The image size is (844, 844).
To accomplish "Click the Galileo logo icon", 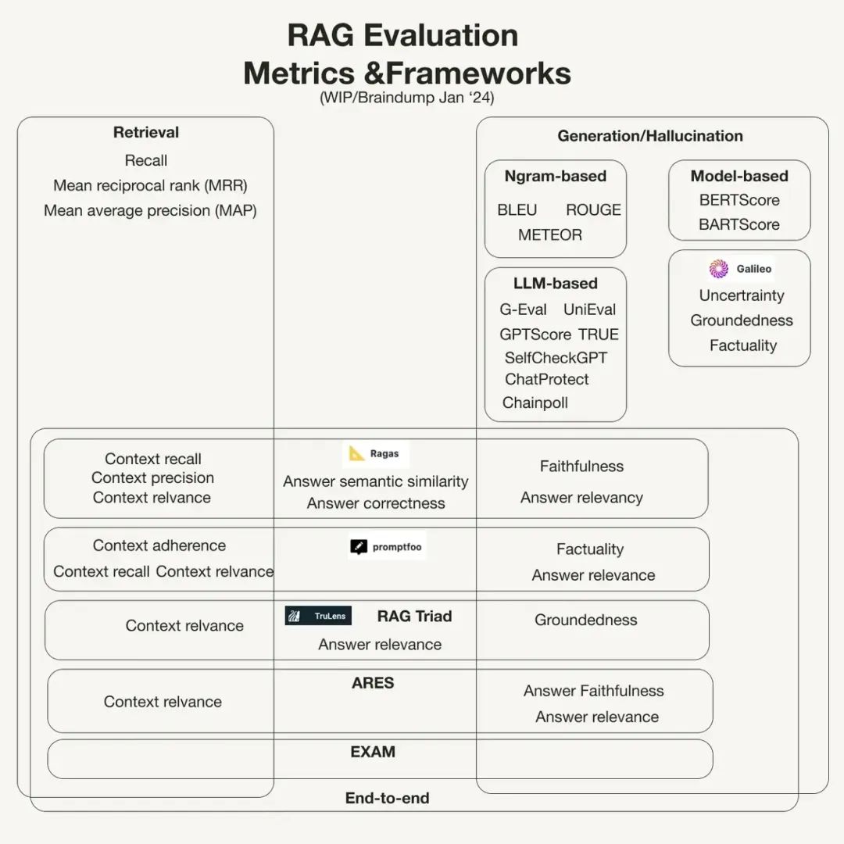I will pos(719,269).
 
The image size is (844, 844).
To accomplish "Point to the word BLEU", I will pos(517,210).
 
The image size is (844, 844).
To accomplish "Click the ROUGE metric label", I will pos(593,210).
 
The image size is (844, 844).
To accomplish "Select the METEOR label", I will pos(550,234).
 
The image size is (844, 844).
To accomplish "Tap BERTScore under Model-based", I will pos(739,200).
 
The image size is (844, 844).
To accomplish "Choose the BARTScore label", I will pos(739,224).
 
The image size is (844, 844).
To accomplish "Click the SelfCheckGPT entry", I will pos(556,358).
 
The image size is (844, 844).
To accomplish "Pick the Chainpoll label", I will pos(535,403).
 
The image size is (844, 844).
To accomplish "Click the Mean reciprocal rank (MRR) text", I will pos(150,186).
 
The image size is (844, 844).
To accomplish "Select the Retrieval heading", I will pos(146,133).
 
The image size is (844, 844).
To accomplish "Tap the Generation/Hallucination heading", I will pos(650,136).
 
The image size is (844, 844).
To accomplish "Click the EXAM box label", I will pos(373,752).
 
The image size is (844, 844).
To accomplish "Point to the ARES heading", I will pos(373,683).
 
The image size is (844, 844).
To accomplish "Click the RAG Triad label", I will pos(414,616).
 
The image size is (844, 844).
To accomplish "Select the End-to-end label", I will pos(387,798).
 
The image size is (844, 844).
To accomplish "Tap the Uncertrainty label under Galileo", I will pos(742,295).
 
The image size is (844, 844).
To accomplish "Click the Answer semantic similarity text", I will pos(375,481).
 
